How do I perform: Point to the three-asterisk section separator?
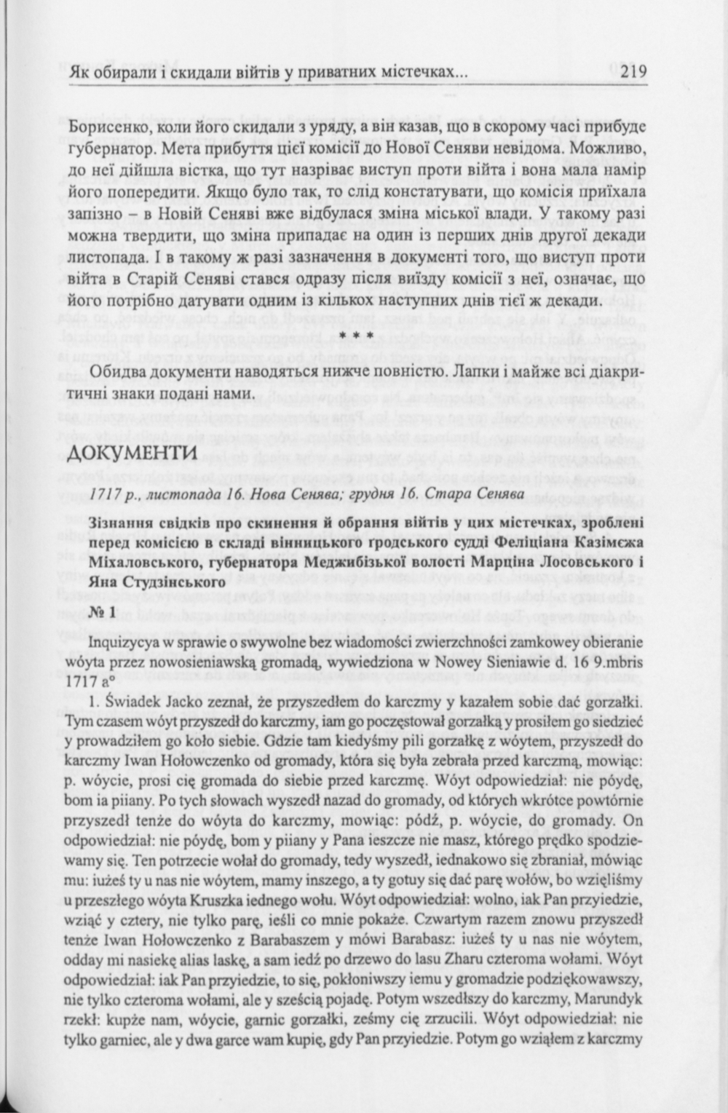point(357,336)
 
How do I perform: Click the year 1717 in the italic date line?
point(103,494)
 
